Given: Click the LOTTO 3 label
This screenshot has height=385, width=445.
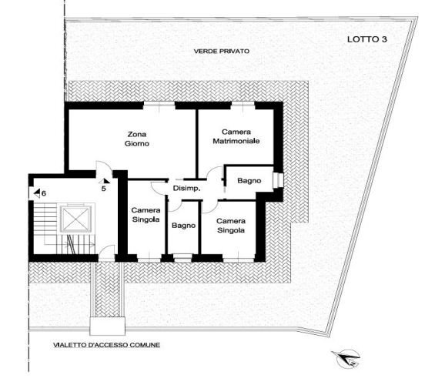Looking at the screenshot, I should (366, 38).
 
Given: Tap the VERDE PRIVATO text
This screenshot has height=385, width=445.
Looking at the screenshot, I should (222, 52).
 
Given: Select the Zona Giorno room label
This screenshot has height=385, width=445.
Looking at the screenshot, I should (136, 139).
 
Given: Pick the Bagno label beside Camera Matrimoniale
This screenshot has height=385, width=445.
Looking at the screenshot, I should (249, 181).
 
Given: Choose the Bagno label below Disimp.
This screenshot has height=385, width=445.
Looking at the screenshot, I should (183, 226).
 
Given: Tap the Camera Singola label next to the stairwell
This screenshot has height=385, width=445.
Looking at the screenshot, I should (145, 216).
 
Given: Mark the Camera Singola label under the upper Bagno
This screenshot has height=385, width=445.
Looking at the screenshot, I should (231, 225).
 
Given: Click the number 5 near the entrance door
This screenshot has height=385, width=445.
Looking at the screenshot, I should (103, 188).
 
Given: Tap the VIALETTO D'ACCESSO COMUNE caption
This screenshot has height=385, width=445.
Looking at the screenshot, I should (102, 345).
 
